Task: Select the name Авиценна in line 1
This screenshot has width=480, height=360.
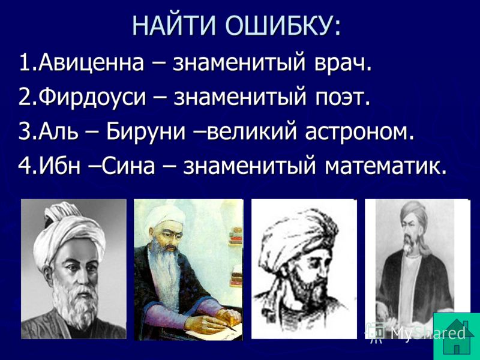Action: click(x=91, y=63)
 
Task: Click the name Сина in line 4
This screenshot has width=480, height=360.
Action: click(x=128, y=166)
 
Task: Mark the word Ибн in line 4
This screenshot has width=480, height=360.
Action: click(x=59, y=166)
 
